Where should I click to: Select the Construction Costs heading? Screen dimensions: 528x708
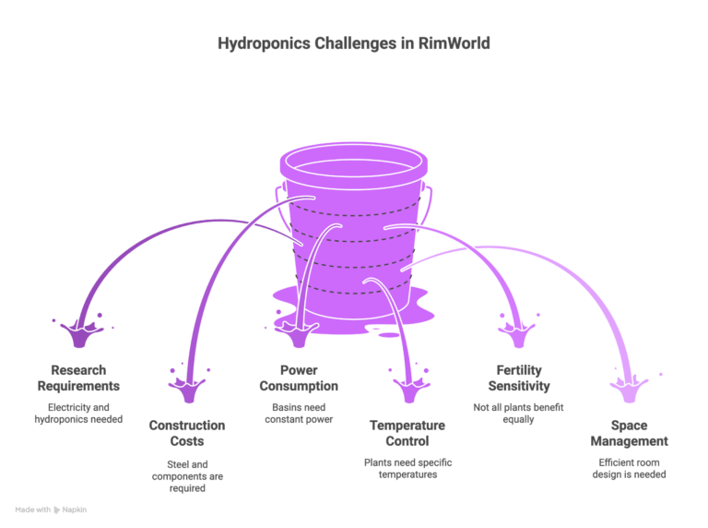pyautogui.click(x=187, y=433)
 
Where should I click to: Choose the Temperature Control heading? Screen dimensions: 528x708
pyautogui.click(x=407, y=433)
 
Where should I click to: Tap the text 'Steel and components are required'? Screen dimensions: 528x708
pyautogui.click(x=187, y=474)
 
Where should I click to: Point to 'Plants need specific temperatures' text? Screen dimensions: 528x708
pyautogui.click(x=407, y=467)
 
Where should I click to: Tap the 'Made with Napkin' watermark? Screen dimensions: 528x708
pyautogui.click(x=51, y=509)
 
